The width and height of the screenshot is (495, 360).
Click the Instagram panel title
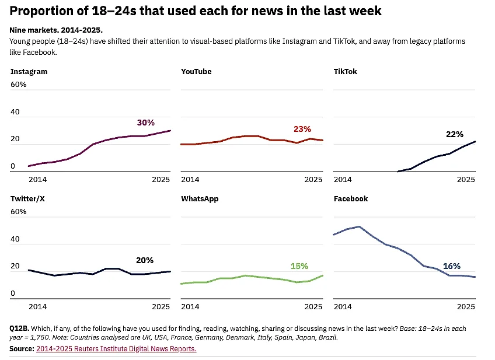[x=29, y=72]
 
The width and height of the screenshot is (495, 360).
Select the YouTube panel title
[x=196, y=72]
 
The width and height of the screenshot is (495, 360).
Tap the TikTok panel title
[x=345, y=72]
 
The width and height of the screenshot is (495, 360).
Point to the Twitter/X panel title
[x=27, y=199]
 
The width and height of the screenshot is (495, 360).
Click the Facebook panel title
[x=350, y=199]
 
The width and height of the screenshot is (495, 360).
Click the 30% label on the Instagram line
[x=145, y=123]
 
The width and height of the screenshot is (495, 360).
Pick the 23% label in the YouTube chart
[x=302, y=129]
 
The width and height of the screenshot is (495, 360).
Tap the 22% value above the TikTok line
[x=454, y=134]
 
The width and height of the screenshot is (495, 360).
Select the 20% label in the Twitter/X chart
[x=144, y=260]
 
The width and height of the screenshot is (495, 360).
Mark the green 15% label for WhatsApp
[x=299, y=266]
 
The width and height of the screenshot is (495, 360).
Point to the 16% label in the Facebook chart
[x=451, y=266]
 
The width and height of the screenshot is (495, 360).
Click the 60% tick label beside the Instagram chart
[x=18, y=85]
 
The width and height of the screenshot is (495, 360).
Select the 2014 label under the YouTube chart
[x=190, y=179]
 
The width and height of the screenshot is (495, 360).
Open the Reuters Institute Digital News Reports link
[x=116, y=349]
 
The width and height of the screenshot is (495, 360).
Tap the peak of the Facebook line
[x=359, y=226]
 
